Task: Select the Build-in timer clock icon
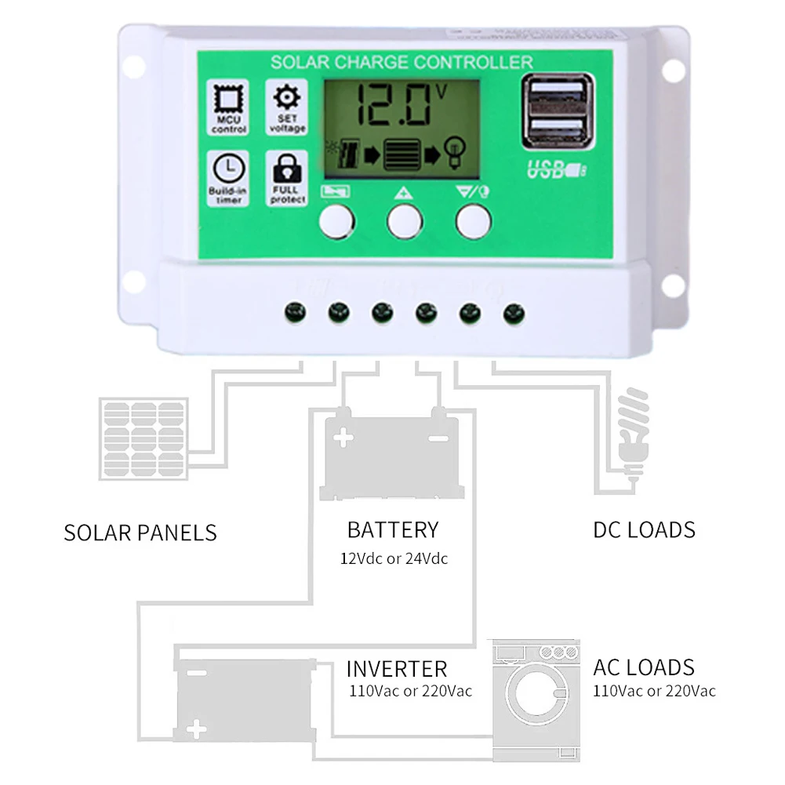tap(228, 168)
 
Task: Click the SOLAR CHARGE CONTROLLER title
tap(401, 62)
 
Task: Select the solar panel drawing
tap(144, 439)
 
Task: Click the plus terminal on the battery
tap(343, 438)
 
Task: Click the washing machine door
tap(536, 695)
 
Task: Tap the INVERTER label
tap(397, 669)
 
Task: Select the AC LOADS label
tap(644, 667)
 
